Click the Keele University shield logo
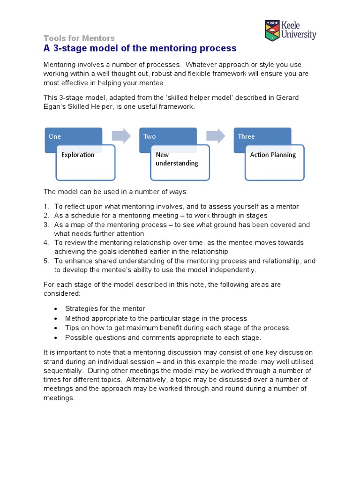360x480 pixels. click(272, 30)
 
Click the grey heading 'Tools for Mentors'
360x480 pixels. click(79, 38)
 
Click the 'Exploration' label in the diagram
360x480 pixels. click(78, 155)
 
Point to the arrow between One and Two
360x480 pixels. click(121, 136)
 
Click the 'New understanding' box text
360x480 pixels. click(177, 159)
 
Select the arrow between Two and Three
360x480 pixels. click(216, 136)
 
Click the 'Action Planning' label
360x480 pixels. click(273, 155)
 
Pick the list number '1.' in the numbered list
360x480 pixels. click(46, 207)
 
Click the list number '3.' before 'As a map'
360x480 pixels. click(46, 225)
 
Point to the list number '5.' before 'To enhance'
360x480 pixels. click(46, 261)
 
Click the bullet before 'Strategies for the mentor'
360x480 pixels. click(56, 309)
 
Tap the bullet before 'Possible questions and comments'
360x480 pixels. click(56, 337)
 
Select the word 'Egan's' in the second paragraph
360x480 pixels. click(56, 107)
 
